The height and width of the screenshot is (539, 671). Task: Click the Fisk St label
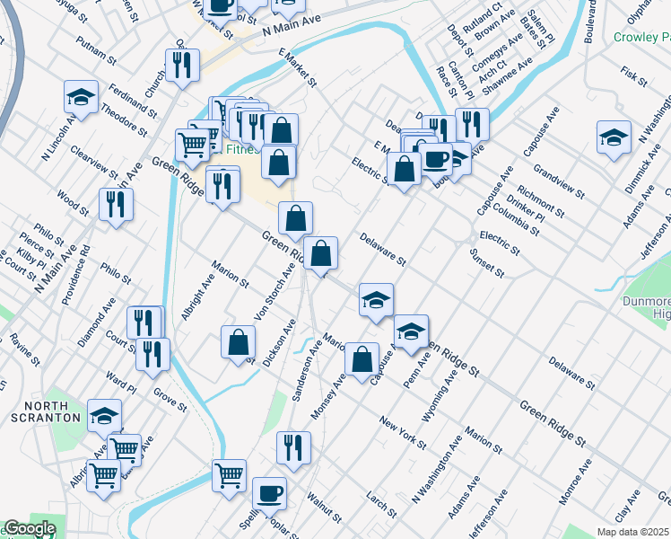tap(634, 75)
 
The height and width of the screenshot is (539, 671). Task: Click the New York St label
tap(402, 432)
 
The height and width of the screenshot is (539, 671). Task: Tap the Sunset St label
tap(487, 261)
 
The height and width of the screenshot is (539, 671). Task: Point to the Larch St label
tap(382, 504)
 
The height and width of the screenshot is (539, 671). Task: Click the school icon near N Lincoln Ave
tap(81, 98)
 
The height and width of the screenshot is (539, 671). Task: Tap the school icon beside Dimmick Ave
tap(614, 137)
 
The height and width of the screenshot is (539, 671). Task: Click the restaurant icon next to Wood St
tap(116, 203)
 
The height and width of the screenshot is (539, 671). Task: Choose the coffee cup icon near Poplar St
tap(269, 493)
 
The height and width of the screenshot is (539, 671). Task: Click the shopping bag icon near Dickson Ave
tap(239, 342)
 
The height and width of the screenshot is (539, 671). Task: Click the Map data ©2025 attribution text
tap(633, 532)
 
